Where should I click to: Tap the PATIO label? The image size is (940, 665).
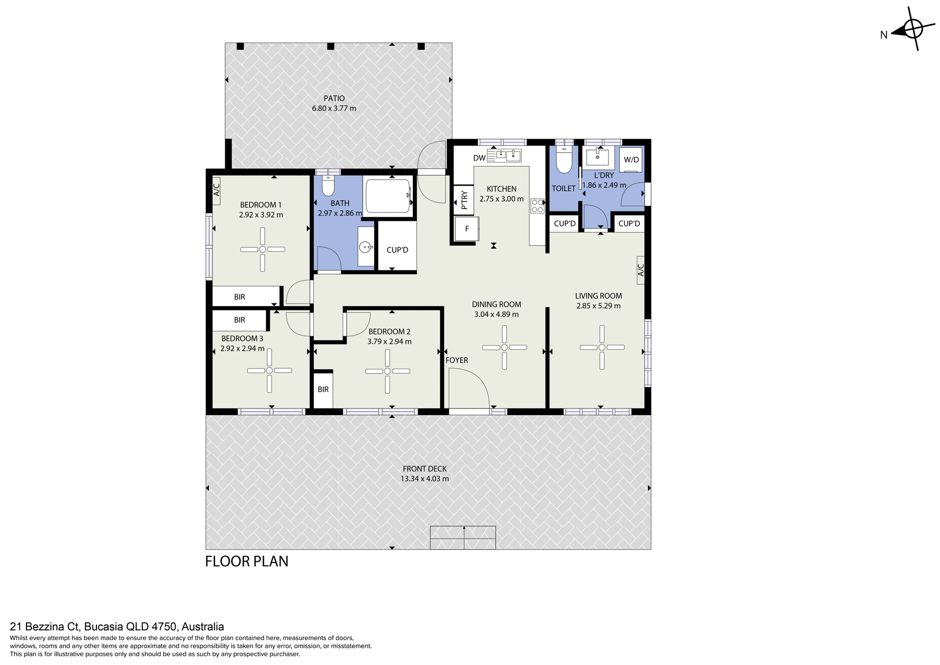click(334, 98)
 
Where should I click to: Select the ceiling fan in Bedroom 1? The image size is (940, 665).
click(262, 250)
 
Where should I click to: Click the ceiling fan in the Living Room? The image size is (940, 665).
click(602, 347)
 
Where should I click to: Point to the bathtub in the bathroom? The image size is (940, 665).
click(388, 196)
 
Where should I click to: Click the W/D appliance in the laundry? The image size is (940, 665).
click(631, 160)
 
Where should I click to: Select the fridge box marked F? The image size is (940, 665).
click(467, 229)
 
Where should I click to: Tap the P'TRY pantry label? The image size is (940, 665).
click(464, 200)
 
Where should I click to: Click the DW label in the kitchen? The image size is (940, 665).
click(479, 158)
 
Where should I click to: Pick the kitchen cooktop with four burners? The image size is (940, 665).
click(537, 205)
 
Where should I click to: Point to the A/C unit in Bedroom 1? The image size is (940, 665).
click(216, 190)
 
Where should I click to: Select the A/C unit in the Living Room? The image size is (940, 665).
click(640, 270)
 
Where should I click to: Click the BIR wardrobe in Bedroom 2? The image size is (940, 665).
click(323, 390)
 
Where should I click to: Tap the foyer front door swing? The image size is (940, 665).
click(469, 389)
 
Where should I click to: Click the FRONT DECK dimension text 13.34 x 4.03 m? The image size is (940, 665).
click(424, 479)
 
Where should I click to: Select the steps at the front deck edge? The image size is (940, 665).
click(463, 538)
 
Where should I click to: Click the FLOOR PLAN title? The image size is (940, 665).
click(247, 561)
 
